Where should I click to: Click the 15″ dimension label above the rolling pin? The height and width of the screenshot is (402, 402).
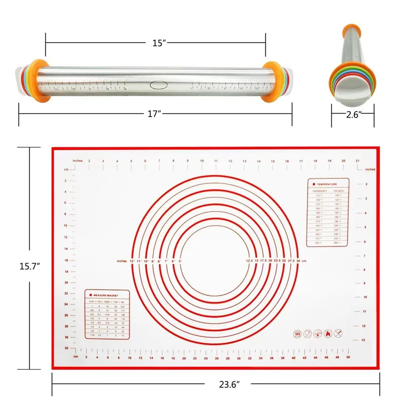coord(159,43)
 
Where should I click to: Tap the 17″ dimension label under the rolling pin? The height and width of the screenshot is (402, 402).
coord(154,114)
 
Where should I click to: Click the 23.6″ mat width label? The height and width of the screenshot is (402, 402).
coord(229,384)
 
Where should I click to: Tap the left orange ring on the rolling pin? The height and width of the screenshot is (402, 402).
coord(38,81)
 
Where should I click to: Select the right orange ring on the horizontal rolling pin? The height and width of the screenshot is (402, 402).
coord(272,81)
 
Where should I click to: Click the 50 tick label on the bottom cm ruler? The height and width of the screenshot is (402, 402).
coord(348,357)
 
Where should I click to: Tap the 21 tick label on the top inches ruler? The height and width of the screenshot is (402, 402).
coord(356,161)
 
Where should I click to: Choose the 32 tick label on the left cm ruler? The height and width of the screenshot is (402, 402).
coord(66,348)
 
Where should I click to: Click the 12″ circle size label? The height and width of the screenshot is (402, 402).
coord(132,261)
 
